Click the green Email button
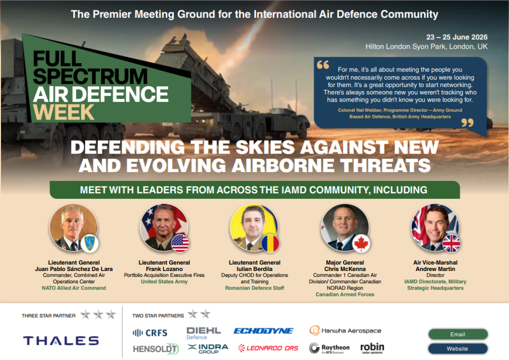point(457,334)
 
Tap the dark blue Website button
point(457,349)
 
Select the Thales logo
point(61,341)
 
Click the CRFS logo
point(150,333)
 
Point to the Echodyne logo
point(263,331)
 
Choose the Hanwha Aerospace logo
point(345,330)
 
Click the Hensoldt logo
point(156,349)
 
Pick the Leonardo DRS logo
point(268,348)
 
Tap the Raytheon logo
point(329,348)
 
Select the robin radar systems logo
point(372,347)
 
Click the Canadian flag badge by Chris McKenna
point(361,243)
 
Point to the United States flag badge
point(180,243)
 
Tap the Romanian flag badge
point(271,243)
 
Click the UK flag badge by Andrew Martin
point(451,243)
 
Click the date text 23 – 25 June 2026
point(457,37)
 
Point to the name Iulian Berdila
point(254,269)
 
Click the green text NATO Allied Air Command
point(74,288)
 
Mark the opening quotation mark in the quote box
point(323,65)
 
